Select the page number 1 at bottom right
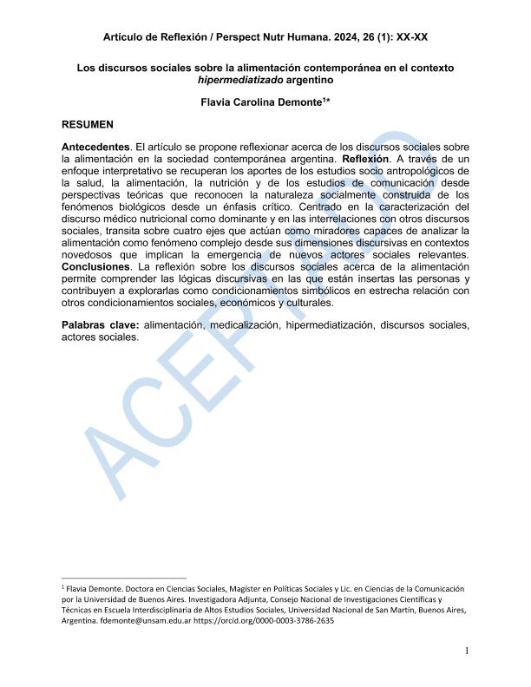tap(467, 651)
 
